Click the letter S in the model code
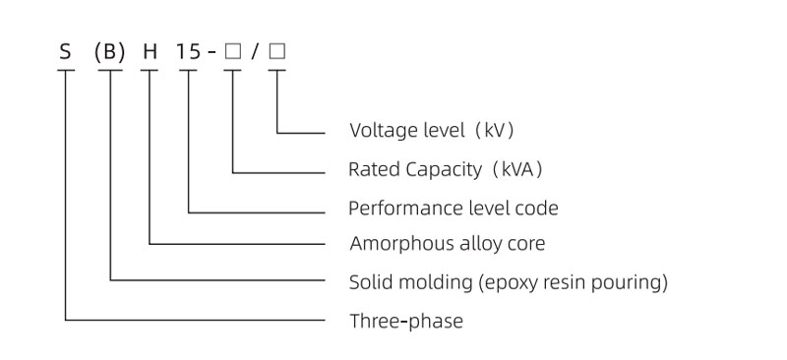tap(65, 52)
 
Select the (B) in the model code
tap(110, 52)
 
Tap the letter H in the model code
tap(151, 52)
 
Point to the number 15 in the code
tap(188, 52)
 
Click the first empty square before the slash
tap(232, 52)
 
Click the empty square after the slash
tap(277, 52)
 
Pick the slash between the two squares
tap(255, 52)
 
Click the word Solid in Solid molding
tap(369, 283)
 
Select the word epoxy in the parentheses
tap(508, 283)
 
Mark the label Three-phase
tap(406, 321)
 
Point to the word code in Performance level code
tap(537, 208)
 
